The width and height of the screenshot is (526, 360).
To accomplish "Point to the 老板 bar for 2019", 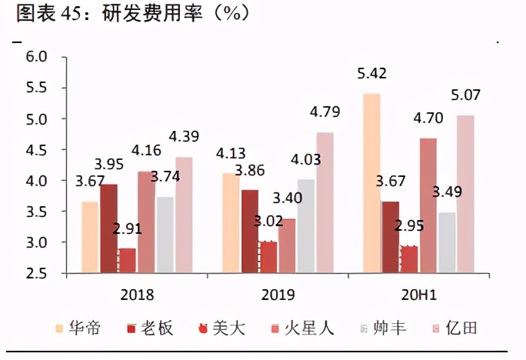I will (249, 231).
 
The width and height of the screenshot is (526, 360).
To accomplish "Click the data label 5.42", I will (371, 75).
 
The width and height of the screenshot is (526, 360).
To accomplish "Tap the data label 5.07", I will (466, 96).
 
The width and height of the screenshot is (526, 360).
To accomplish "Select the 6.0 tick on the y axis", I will (36, 57).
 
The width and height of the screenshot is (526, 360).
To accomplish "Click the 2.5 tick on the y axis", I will (36, 273).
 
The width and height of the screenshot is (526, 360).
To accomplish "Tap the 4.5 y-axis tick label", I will (36, 149).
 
